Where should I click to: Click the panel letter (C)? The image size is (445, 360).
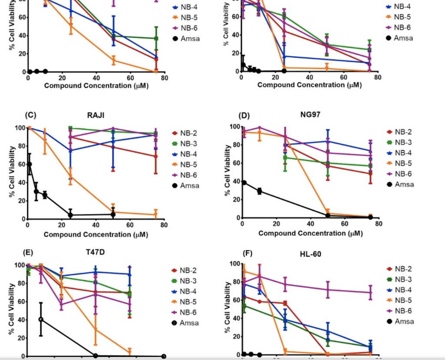tap(30, 115)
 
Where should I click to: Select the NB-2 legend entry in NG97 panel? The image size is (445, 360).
tap(402, 132)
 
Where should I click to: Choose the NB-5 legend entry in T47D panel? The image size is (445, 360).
tap(187, 302)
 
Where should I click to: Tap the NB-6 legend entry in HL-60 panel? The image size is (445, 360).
tap(402, 311)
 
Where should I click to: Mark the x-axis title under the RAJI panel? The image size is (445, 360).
tap(96, 235)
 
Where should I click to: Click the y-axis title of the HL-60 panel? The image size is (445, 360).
tap(227, 307)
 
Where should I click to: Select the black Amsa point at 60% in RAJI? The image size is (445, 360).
tap(29, 164)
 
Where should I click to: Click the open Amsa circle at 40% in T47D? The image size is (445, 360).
tap(41, 319)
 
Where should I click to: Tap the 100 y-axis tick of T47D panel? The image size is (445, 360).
tap(19, 265)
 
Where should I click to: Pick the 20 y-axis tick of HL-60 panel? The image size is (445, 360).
tap(235, 337)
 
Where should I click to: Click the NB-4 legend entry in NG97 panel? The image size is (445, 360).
tap(402, 153)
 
